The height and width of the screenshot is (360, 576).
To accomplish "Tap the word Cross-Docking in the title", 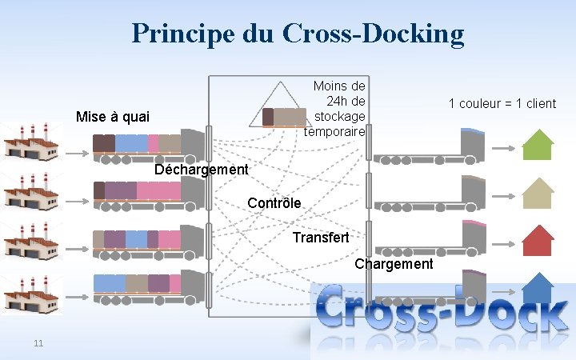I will tap(373, 33).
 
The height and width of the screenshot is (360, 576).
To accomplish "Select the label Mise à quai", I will tap(112, 117).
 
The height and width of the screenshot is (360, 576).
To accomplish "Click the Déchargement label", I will tap(202, 170).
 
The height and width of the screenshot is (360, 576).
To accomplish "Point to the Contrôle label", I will tap(274, 203).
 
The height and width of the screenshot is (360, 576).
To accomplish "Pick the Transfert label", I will tap(321, 238).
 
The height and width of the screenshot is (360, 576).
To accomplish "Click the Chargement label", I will tap(394, 264).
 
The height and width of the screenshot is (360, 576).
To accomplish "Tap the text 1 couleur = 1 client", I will tap(502, 103).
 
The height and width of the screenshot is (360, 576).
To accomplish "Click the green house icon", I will tap(538, 146).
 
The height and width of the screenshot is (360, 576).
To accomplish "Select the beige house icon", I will tap(538, 194).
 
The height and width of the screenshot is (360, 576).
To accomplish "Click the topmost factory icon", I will tap(32, 143).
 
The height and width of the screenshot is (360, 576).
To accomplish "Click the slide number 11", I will tap(38, 343).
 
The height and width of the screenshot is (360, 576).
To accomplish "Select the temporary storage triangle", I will tap(280, 106).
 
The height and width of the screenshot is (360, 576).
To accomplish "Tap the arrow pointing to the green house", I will tap(503, 148).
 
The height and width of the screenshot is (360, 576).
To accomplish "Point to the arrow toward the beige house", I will tap(503, 195).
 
